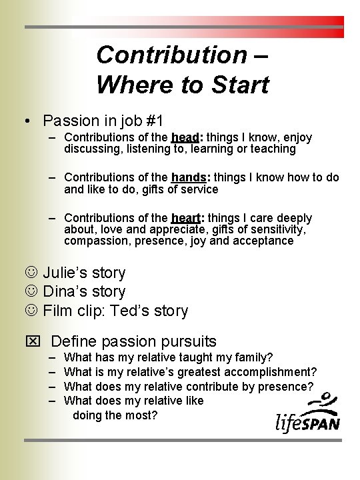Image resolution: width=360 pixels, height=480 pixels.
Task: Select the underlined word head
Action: tap(185, 137)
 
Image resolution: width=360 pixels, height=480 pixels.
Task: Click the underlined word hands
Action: tap(189, 177)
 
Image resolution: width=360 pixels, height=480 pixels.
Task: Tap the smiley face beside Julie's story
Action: tap(30, 273)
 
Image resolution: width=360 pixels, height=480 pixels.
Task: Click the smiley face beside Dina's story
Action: tap(30, 291)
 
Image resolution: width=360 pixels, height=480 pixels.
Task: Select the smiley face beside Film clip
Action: tap(30, 311)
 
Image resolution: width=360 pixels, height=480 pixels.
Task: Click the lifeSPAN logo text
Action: tap(307, 421)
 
